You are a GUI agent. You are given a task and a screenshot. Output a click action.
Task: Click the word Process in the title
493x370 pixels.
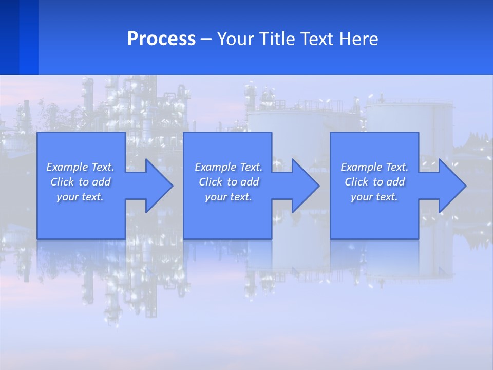(x=161, y=39)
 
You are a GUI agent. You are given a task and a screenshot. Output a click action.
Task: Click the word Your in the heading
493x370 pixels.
(x=235, y=39)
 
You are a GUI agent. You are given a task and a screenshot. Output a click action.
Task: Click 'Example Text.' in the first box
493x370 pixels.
(x=80, y=167)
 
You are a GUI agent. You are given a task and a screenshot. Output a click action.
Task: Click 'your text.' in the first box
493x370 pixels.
(x=80, y=197)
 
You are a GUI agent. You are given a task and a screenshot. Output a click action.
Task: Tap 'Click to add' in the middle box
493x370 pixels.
(x=229, y=182)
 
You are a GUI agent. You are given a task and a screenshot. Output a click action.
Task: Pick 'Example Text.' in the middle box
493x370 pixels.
(x=229, y=167)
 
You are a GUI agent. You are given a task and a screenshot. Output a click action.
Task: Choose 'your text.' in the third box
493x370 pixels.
(x=374, y=197)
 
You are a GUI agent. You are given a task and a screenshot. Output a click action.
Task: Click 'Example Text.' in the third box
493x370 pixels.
(x=374, y=167)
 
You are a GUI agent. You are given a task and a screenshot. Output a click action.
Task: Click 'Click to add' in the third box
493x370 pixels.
(x=374, y=182)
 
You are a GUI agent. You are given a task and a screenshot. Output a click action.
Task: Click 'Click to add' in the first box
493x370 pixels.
(x=80, y=182)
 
